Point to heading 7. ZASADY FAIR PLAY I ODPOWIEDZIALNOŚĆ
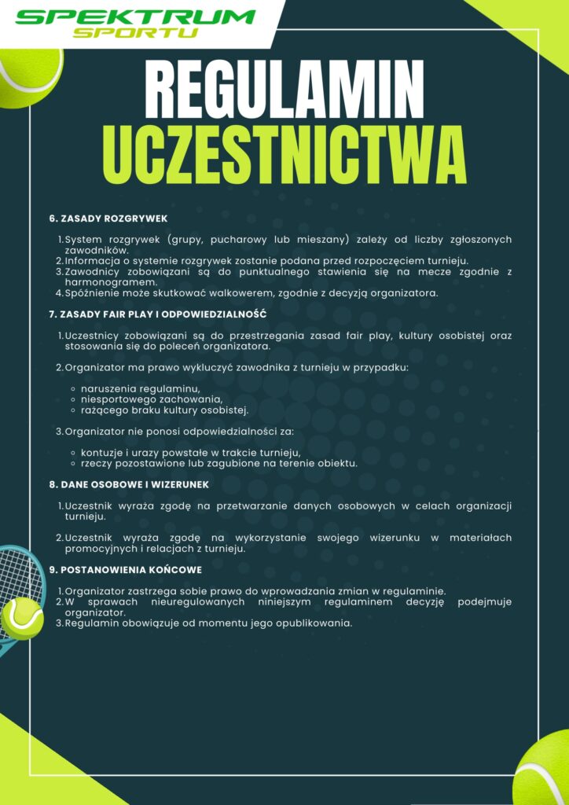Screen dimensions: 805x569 click(158, 314)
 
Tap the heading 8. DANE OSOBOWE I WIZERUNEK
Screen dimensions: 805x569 click(129, 484)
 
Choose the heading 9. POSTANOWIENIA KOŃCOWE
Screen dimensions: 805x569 click(126, 569)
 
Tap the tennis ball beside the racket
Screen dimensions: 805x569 click(22, 617)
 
